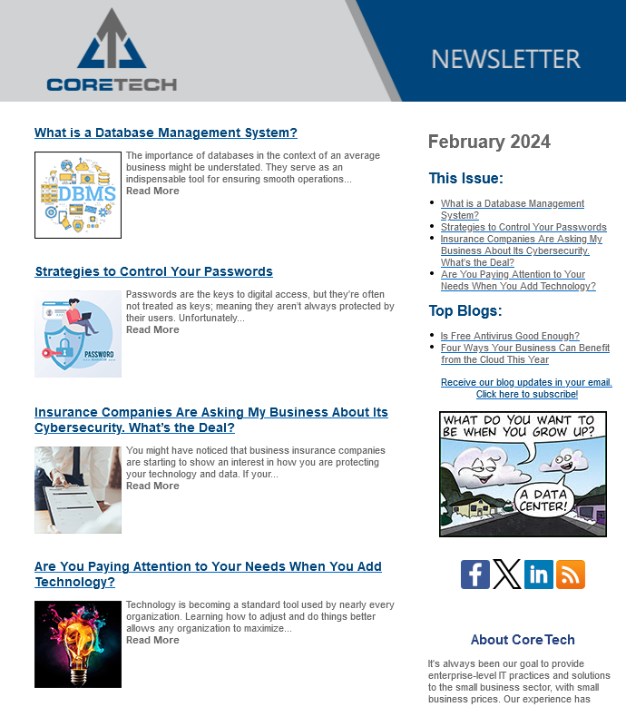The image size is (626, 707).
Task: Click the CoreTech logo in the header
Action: [x=112, y=51]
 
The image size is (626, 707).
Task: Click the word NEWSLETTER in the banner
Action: [x=505, y=60]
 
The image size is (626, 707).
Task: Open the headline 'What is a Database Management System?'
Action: [x=166, y=133]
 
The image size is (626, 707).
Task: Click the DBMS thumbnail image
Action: [x=78, y=195]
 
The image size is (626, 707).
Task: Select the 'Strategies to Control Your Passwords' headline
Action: [x=154, y=271]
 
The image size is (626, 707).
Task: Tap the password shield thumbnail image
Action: [x=78, y=334]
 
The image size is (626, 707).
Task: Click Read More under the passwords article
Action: [x=152, y=329]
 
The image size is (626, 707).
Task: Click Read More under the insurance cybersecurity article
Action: [x=152, y=486]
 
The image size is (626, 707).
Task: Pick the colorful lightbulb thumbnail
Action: [x=78, y=643]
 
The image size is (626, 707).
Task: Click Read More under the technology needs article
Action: [x=152, y=640]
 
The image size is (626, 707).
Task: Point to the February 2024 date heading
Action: [x=489, y=142]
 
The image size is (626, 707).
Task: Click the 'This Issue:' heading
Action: [x=465, y=178]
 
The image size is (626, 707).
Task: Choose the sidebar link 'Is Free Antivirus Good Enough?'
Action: [x=510, y=336]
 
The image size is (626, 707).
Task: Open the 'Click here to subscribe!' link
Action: [x=527, y=395]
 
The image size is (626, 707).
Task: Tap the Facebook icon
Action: [x=475, y=574]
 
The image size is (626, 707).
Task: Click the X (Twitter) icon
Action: [x=507, y=574]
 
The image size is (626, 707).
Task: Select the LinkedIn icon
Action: [x=539, y=574]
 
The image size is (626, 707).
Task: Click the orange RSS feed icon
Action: [x=571, y=574]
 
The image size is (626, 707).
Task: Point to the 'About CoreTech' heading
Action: [x=523, y=640]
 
